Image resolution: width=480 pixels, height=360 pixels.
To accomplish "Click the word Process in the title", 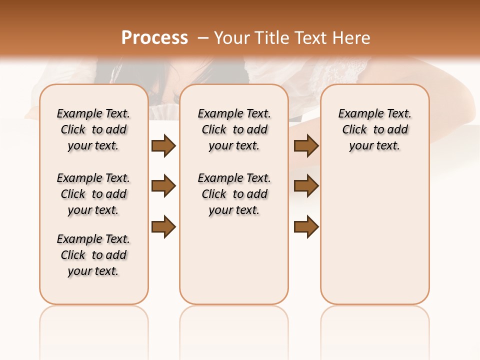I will pyautogui.click(x=154, y=38).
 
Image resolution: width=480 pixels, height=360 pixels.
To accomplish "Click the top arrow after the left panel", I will pyautogui.click(x=163, y=145).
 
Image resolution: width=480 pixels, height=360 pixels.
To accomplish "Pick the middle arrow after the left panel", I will pyautogui.click(x=163, y=186).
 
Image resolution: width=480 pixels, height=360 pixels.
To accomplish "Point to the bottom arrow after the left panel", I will pyautogui.click(x=163, y=226).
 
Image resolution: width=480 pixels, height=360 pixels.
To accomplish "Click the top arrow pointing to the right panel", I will pyautogui.click(x=306, y=145).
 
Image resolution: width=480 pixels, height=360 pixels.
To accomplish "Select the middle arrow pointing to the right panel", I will pyautogui.click(x=306, y=186).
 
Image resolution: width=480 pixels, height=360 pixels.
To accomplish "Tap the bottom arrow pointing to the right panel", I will pyautogui.click(x=306, y=226).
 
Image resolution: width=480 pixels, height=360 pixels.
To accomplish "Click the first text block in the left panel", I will pyautogui.click(x=93, y=129).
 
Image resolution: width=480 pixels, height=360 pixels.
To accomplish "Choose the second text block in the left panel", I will pyautogui.click(x=93, y=194).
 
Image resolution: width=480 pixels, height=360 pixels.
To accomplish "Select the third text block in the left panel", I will pyautogui.click(x=93, y=255).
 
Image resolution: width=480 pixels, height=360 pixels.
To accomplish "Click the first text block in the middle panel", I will pyautogui.click(x=234, y=129).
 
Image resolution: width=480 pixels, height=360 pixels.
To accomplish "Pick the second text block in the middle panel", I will pyautogui.click(x=234, y=194).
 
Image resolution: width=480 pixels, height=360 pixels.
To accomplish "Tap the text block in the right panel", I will pyautogui.click(x=375, y=129).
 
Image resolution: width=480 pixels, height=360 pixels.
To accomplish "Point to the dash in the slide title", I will pyautogui.click(x=203, y=38).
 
